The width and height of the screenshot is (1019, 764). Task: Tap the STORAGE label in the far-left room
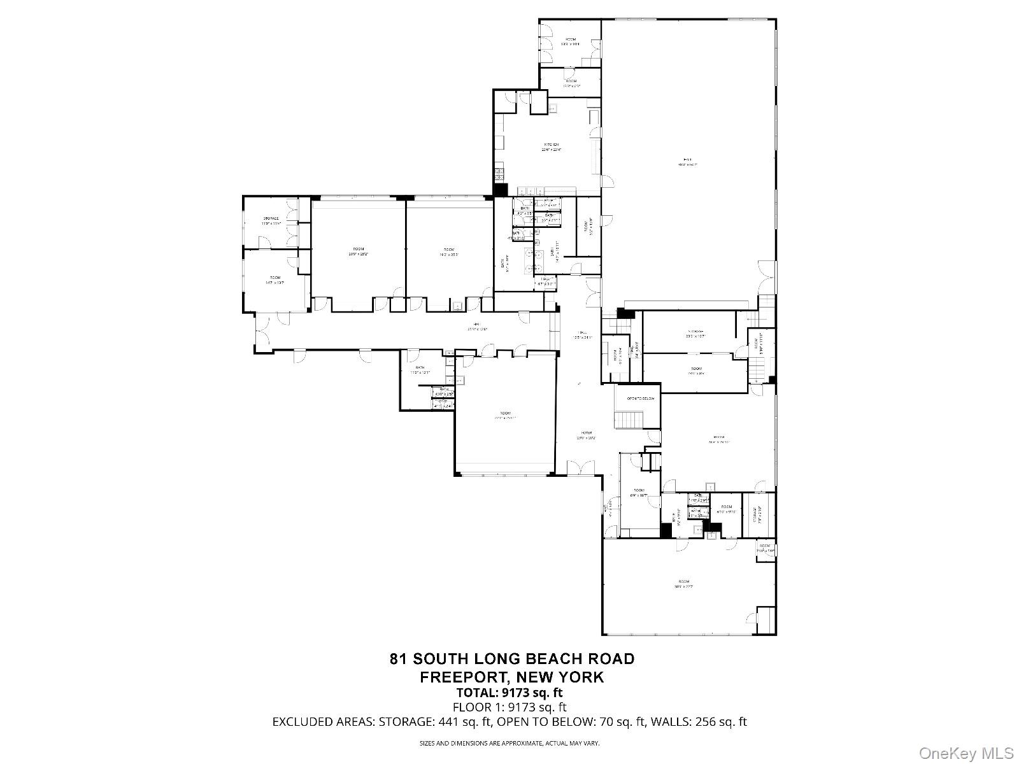point(272,218)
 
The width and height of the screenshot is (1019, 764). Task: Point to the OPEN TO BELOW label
point(641,399)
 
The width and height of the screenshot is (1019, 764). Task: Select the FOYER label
point(586,433)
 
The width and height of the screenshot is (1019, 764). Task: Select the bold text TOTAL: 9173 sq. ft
point(509,693)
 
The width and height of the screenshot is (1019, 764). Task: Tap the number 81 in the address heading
point(399,659)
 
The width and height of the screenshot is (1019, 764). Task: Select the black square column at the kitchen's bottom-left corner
point(500,190)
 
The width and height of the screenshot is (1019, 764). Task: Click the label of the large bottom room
point(684,581)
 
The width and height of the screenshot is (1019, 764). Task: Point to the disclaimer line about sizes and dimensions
point(509,743)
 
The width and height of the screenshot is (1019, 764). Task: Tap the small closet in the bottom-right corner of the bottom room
point(764,618)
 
